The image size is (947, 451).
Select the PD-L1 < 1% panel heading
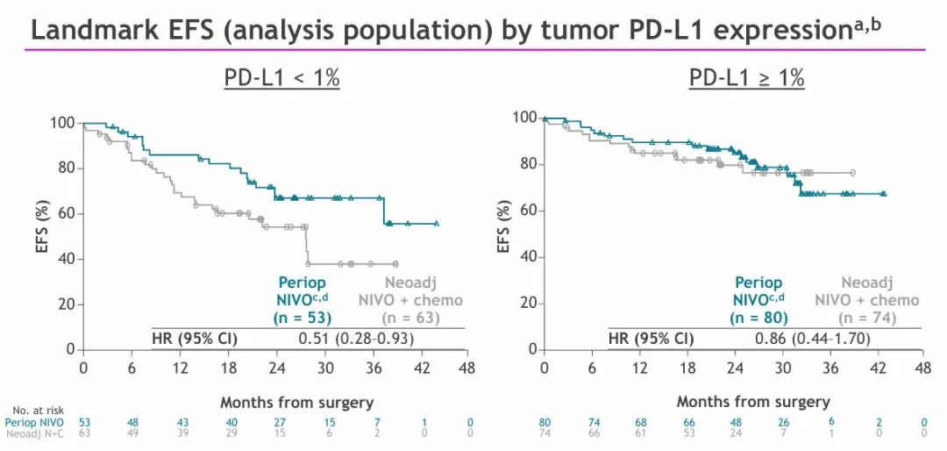click(x=281, y=78)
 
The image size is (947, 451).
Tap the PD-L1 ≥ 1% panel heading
click(x=746, y=78)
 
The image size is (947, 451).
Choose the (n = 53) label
click(x=303, y=318)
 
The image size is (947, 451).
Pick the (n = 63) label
click(x=409, y=318)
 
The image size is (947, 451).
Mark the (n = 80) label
click(x=758, y=318)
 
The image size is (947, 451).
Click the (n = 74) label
click(x=867, y=318)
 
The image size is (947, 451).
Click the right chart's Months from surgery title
click(x=752, y=402)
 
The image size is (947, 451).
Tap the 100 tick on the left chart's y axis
click(x=61, y=122)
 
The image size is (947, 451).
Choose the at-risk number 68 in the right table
click(x=642, y=422)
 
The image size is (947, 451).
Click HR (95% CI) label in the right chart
click(x=651, y=339)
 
